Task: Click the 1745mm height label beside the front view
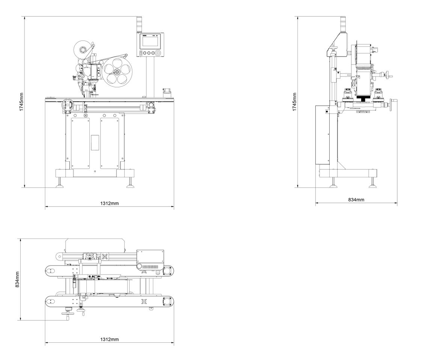(x=22, y=102)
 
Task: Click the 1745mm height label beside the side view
(x=295, y=102)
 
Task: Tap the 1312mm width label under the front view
(x=109, y=203)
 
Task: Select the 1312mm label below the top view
(x=109, y=339)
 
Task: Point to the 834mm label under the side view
(x=356, y=200)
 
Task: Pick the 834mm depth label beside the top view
(x=17, y=279)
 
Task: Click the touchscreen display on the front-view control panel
(x=151, y=41)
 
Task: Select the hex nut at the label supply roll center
(x=82, y=49)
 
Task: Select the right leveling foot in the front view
(x=130, y=184)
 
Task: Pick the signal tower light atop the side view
(x=342, y=24)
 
